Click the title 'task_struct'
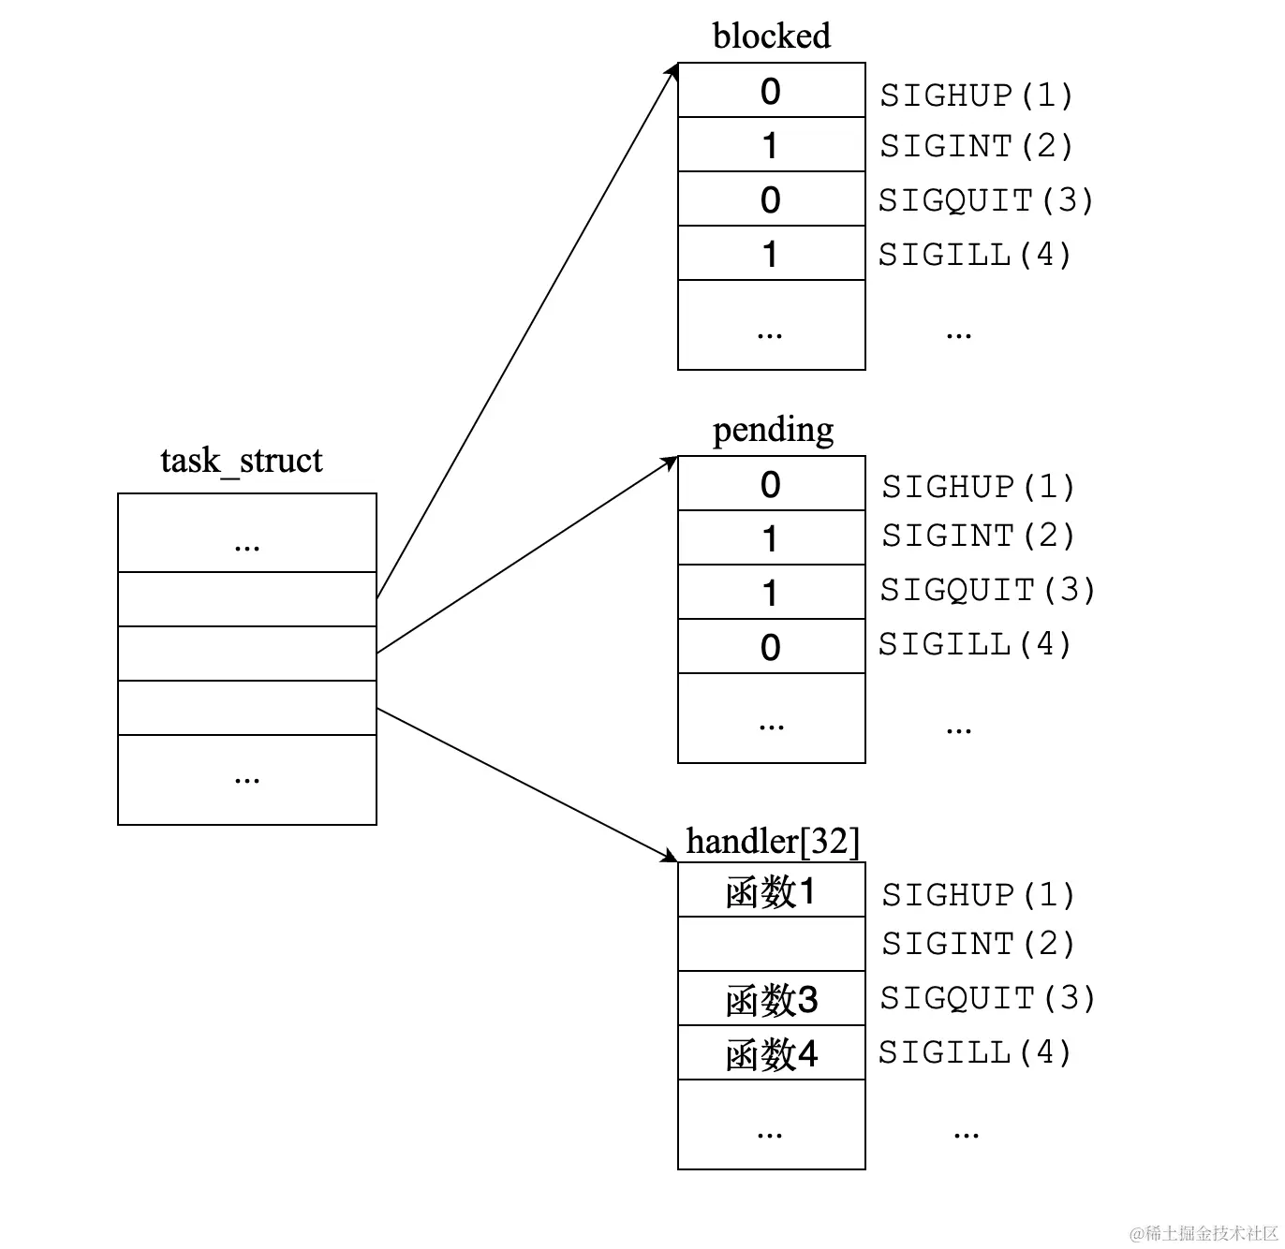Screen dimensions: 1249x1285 [242, 461]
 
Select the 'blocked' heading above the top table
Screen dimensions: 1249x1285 [771, 37]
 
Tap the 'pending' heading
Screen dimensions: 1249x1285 [773, 430]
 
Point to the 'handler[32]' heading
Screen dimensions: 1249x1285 [773, 841]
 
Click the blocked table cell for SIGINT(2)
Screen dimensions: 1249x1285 [771, 145]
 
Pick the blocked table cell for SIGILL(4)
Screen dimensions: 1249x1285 [771, 254]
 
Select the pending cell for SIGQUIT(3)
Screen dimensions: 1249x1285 [771, 593]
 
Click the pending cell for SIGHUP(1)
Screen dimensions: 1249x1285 [771, 484]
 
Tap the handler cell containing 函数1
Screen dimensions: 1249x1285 [771, 891]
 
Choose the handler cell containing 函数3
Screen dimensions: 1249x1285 [771, 1000]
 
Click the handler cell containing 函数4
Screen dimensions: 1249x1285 [771, 1054]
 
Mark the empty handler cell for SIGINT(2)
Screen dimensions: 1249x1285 [771, 945]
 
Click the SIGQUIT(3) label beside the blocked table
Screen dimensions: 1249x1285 [985, 200]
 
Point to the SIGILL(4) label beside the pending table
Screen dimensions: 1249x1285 [975, 644]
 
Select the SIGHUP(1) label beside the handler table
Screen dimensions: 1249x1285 [978, 895]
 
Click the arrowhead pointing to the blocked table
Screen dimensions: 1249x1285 [672, 71]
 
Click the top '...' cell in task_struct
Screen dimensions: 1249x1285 [247, 534]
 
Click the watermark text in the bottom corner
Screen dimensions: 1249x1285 [1204, 1233]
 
